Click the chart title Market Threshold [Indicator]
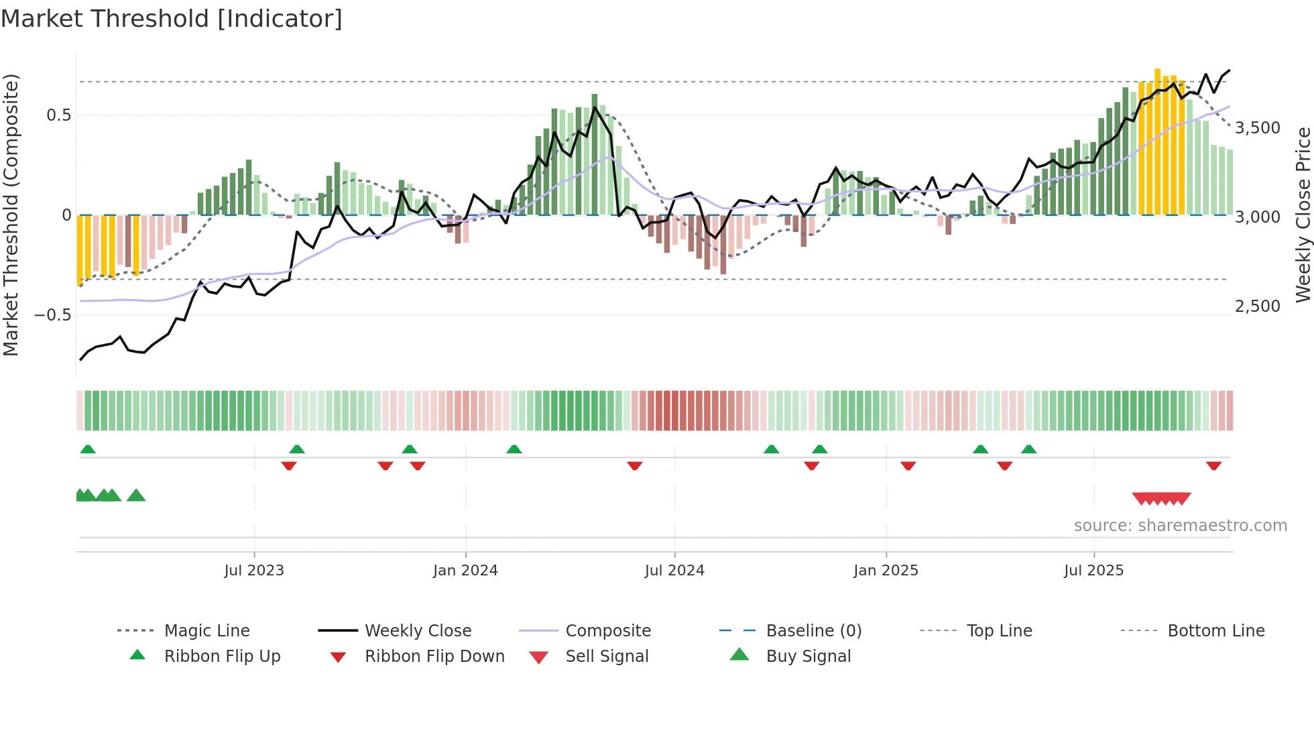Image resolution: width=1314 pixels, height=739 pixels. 172,19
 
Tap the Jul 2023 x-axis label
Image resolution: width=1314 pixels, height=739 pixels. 254,571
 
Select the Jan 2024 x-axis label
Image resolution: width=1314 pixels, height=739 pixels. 465,571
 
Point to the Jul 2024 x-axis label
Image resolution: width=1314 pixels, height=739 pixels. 674,571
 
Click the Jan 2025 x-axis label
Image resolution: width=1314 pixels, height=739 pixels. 886,571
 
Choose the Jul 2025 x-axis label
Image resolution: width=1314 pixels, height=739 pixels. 1093,571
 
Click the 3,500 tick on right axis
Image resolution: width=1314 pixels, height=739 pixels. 1258,128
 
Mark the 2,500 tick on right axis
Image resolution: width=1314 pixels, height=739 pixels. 1258,306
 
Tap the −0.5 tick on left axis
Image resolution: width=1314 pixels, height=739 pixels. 52,315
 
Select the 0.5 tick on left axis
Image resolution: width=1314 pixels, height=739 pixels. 58,115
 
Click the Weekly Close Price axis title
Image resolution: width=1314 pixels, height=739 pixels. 1303,215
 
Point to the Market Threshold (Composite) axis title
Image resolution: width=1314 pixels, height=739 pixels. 11,215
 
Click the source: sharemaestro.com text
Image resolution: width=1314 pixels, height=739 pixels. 1180,526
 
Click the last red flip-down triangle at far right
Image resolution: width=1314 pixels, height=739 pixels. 1213,465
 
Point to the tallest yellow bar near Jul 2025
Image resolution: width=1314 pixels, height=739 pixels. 1157,141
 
